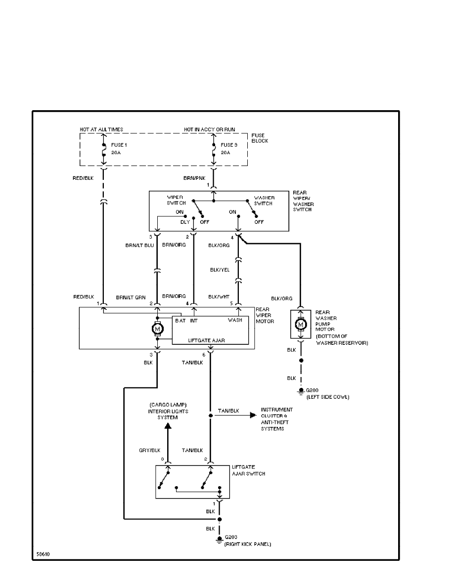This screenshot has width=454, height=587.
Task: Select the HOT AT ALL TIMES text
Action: tap(101, 129)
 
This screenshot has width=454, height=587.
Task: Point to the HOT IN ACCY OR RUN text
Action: tap(210, 129)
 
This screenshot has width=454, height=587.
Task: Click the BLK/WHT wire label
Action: tap(219, 297)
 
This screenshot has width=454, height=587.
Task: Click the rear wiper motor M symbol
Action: tap(157, 328)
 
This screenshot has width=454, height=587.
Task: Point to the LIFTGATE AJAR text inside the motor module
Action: tap(210, 340)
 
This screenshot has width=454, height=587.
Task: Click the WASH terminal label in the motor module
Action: tap(234, 320)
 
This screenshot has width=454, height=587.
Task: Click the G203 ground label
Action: tap(231, 537)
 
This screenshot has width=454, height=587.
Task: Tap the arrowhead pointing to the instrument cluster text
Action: tap(254, 415)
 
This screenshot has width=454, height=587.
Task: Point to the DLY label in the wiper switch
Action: tap(185, 222)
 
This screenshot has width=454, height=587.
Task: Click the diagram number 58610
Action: tap(43, 553)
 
